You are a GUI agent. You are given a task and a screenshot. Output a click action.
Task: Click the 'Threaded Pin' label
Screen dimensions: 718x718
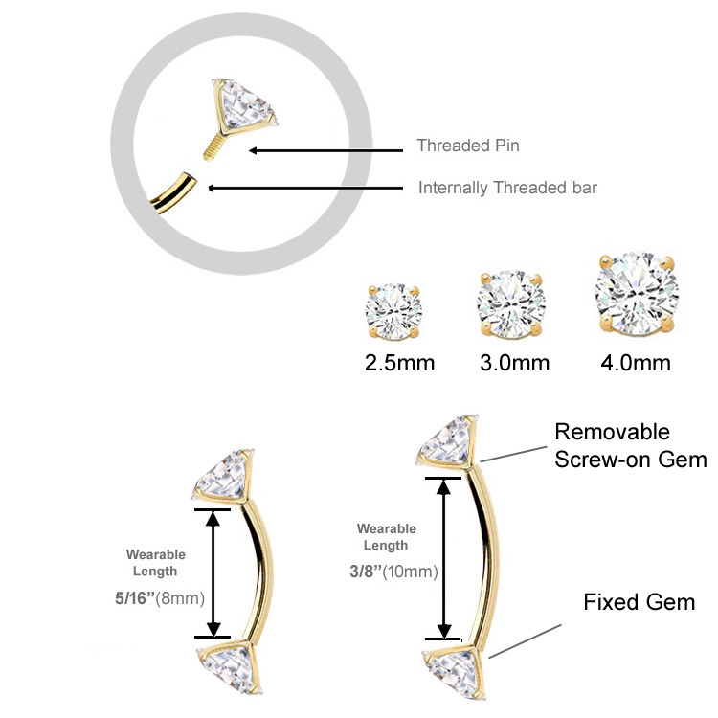tap(468, 146)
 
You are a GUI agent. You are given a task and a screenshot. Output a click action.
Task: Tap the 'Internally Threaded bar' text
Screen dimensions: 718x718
tap(507, 188)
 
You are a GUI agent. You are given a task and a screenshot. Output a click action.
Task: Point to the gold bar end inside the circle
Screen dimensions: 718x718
tap(174, 193)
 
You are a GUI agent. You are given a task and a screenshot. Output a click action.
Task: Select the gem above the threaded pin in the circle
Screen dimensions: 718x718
tap(243, 105)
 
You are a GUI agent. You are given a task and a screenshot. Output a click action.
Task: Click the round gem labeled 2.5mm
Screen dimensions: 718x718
tap(393, 312)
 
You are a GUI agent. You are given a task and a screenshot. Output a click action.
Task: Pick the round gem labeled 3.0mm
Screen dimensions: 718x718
tap(511, 304)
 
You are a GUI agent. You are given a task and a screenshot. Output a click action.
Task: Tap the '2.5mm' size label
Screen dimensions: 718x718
tap(400, 363)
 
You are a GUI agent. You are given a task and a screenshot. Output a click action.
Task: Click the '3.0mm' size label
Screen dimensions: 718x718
tap(515, 363)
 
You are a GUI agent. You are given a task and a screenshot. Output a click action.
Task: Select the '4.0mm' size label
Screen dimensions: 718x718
tap(636, 363)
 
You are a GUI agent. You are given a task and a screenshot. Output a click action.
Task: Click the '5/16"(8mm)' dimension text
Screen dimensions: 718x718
tap(160, 598)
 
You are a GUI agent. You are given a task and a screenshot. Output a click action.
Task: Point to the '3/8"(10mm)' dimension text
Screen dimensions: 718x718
tap(393, 572)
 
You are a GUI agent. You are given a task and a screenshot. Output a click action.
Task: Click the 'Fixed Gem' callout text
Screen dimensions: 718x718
tap(639, 602)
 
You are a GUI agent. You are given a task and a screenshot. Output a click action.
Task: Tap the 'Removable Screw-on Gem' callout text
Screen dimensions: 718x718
tap(631, 445)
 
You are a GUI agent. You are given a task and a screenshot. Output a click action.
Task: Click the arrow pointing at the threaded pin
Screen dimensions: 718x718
tap(325, 150)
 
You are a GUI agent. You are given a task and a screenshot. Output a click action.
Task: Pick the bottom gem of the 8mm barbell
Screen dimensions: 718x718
tap(230, 667)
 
